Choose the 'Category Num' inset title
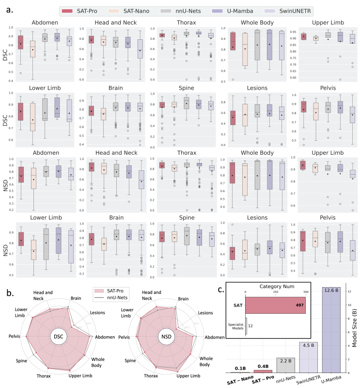point(275,287)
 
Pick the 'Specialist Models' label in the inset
point(235,325)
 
